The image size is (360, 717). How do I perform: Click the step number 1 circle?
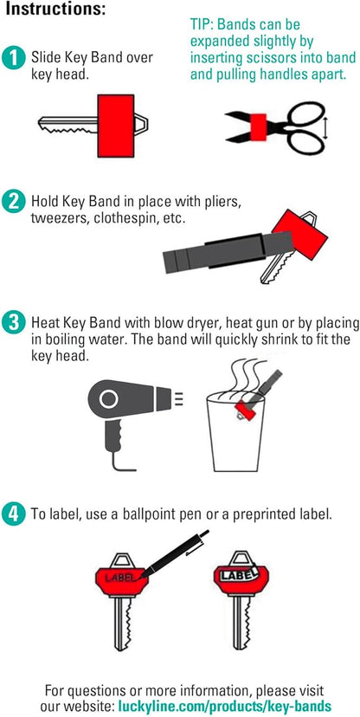(x=13, y=59)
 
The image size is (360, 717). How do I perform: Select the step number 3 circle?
(x=13, y=323)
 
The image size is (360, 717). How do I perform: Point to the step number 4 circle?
(x=13, y=514)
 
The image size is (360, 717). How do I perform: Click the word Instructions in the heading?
(x=55, y=10)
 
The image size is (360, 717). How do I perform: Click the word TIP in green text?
(x=200, y=24)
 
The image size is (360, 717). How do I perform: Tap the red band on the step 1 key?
(x=116, y=126)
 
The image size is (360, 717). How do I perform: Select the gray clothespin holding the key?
(x=228, y=252)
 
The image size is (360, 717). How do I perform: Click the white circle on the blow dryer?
(x=109, y=399)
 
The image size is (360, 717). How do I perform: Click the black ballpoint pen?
(x=174, y=554)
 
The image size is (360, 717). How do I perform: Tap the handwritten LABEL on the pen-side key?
(x=119, y=578)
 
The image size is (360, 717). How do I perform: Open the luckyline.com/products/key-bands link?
(x=225, y=705)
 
